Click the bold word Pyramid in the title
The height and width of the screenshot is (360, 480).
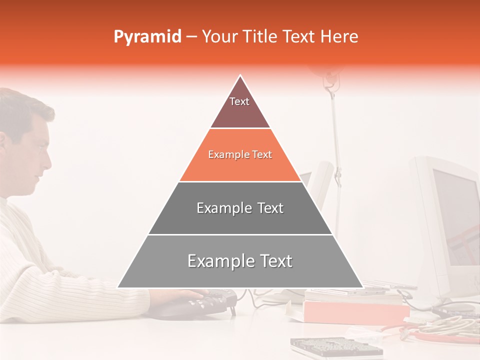point(147,37)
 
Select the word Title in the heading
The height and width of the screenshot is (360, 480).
point(260,37)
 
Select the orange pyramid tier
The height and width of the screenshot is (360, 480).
point(240,155)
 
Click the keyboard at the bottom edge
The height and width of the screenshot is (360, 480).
point(335,347)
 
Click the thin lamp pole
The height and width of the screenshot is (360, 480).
point(336,150)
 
